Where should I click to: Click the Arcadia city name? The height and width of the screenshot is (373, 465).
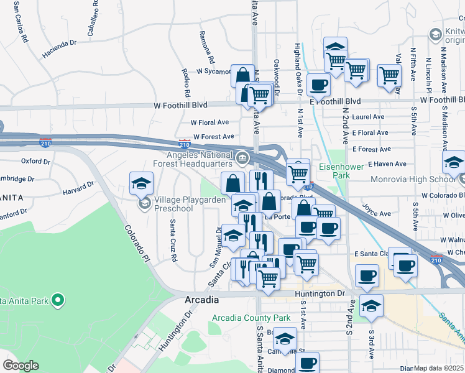pyautogui.click(x=202, y=300)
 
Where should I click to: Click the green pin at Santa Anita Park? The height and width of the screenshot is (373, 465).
pyautogui.click(x=58, y=302)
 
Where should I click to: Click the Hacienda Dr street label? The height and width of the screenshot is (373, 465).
pyautogui.click(x=59, y=48)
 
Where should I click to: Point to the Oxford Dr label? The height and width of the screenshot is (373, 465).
pyautogui.click(x=35, y=161)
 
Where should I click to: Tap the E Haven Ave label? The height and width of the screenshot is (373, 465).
pyautogui.click(x=387, y=164)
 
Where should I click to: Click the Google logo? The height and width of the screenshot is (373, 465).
pyautogui.click(x=21, y=366)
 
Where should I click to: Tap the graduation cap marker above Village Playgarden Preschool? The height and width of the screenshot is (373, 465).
pyautogui.click(x=142, y=183)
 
